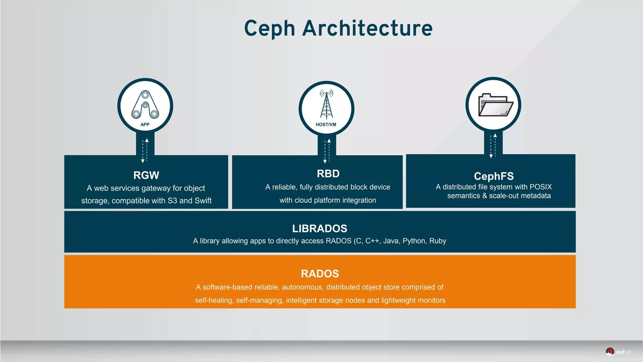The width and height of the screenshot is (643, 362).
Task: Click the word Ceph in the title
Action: (269, 29)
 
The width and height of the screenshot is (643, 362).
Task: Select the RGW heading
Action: (146, 175)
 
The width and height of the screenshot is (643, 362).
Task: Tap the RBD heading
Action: (328, 173)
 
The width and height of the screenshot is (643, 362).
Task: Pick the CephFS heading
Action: (494, 176)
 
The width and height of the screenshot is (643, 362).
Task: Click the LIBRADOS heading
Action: (320, 228)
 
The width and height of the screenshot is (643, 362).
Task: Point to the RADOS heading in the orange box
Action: (320, 274)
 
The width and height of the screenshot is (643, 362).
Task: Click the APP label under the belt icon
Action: (145, 125)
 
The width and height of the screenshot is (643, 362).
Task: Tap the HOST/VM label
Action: (326, 125)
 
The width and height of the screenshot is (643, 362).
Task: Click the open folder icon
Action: (495, 105)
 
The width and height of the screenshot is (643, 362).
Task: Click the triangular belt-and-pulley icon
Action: (145, 105)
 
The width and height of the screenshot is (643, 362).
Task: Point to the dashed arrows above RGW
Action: (145, 151)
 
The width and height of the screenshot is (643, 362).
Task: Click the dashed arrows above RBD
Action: (327, 151)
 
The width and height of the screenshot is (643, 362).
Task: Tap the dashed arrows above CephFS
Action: (493, 145)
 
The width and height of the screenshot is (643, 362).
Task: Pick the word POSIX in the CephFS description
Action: (540, 187)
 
